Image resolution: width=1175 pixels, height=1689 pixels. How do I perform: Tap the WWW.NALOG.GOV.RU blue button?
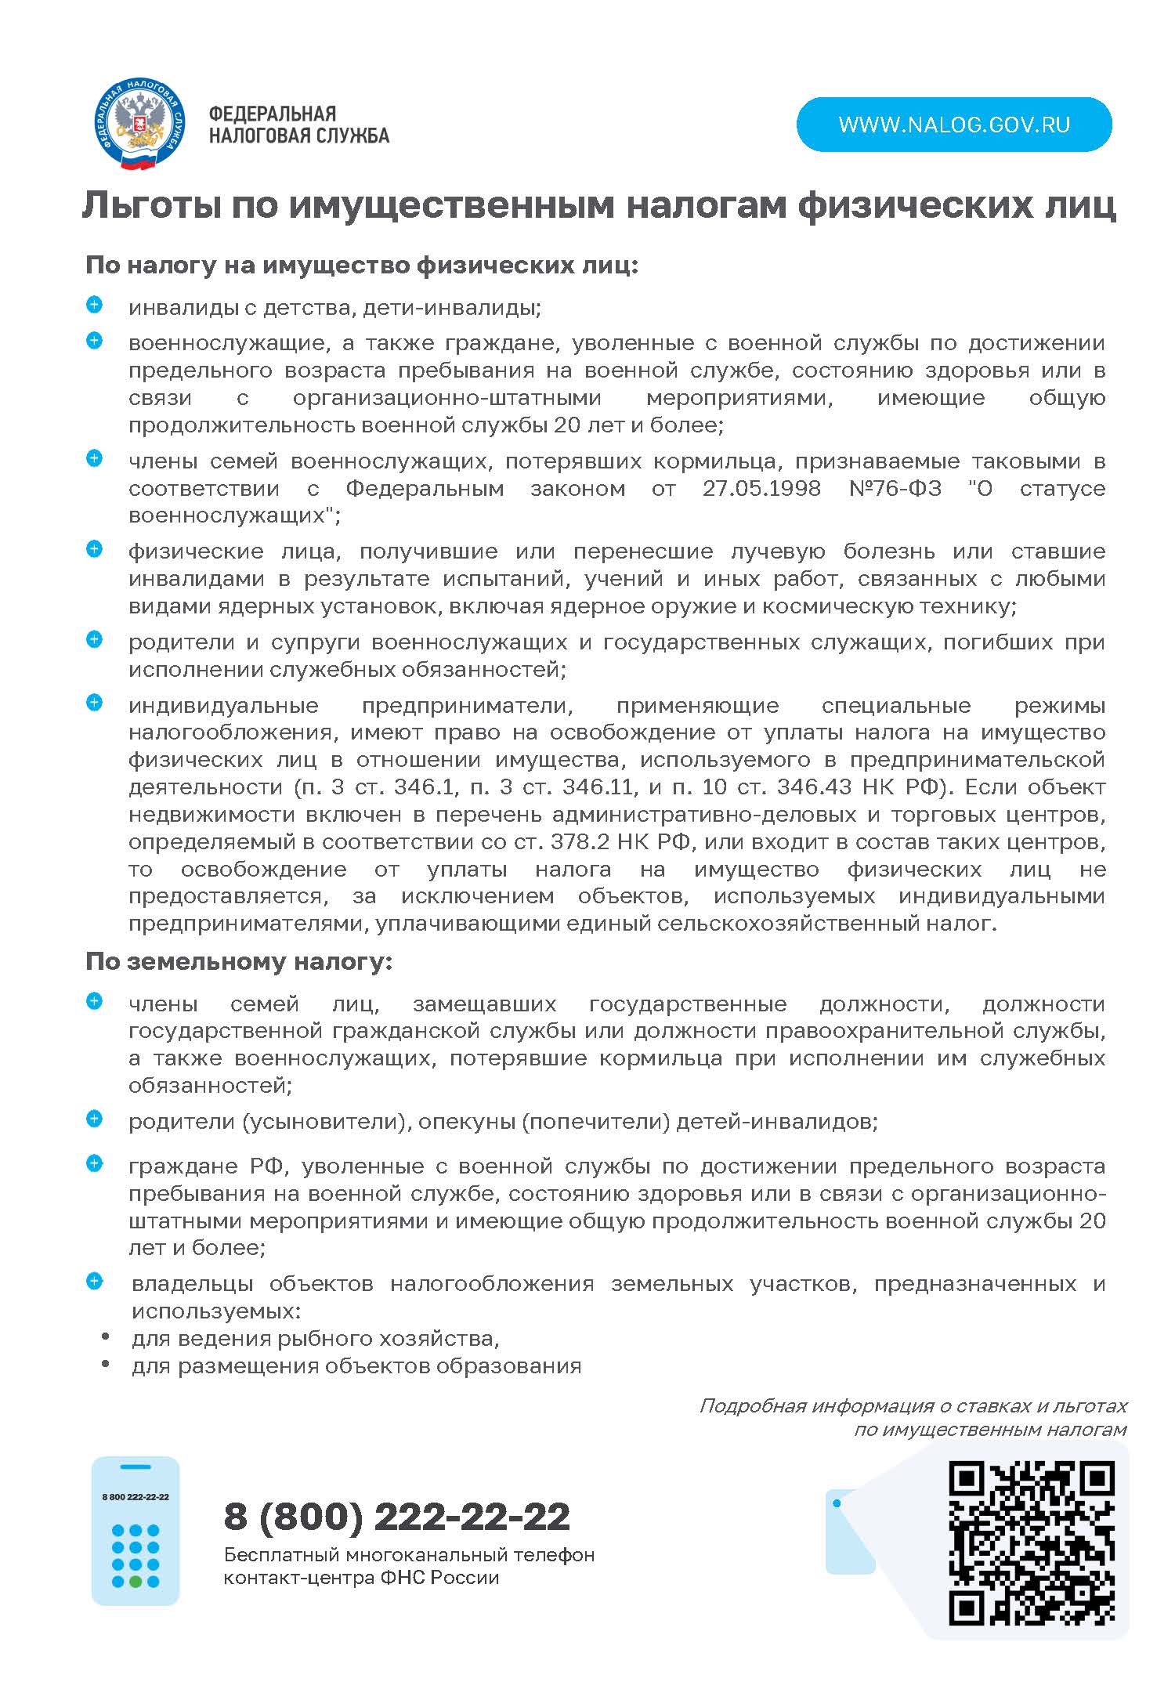953,125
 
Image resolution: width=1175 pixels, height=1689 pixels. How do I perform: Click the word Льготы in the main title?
150,205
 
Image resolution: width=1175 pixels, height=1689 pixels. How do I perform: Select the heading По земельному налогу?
238,961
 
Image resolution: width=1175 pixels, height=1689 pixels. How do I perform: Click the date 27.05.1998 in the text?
761,488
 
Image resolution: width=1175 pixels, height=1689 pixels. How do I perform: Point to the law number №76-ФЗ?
895,488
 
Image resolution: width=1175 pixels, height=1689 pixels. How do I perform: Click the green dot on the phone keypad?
136,1581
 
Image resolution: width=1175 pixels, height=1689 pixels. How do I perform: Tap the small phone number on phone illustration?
136,1496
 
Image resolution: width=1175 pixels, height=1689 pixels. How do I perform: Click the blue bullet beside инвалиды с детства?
94,306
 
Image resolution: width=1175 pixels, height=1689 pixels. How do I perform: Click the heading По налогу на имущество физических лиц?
362,266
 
